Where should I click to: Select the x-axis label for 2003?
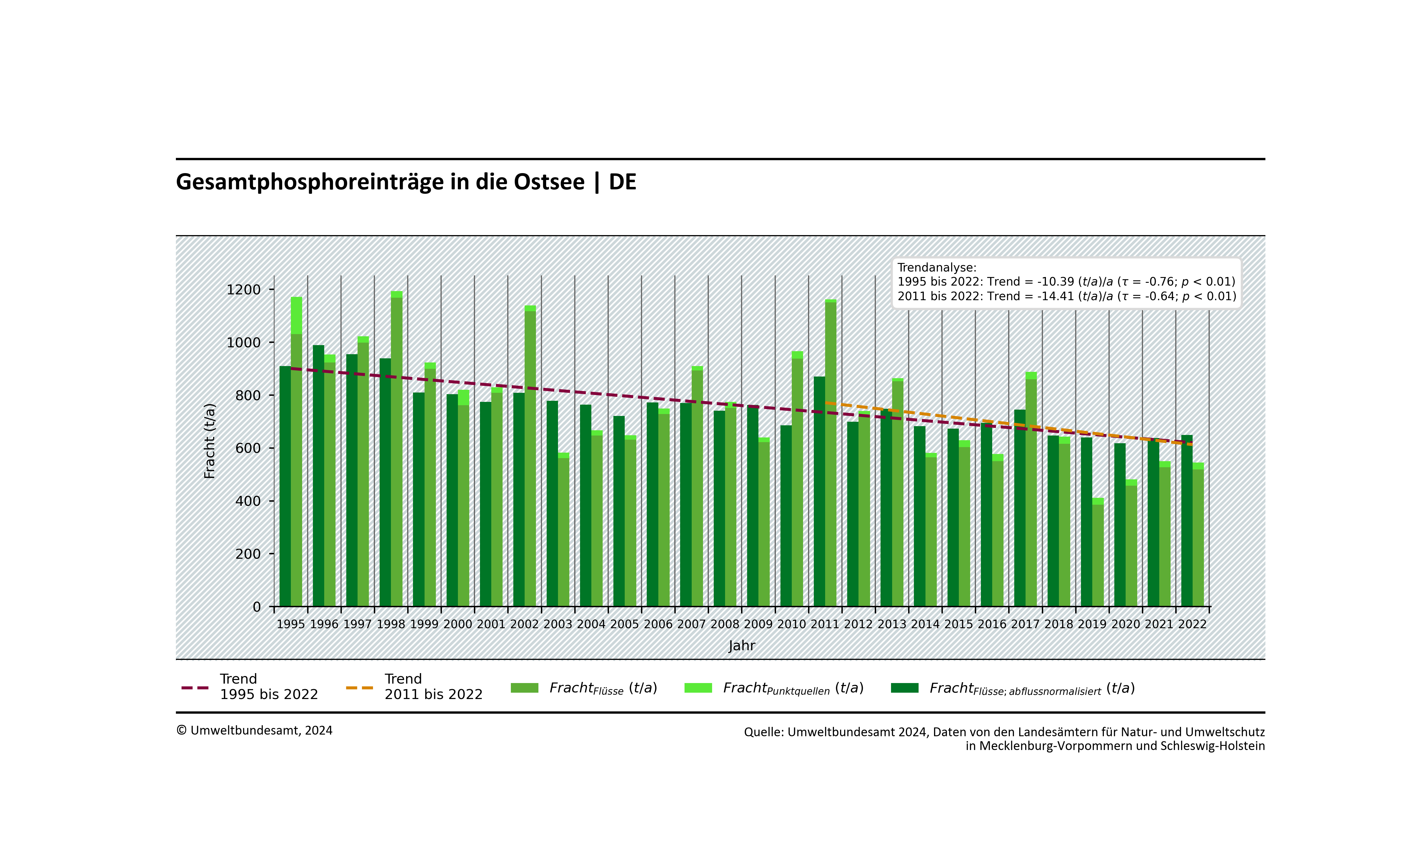pyautogui.click(x=557, y=624)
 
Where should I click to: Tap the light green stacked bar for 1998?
pyautogui.click(x=397, y=451)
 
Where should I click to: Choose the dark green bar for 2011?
pyautogui.click(x=819, y=491)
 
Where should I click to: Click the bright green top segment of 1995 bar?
pyautogui.click(x=296, y=315)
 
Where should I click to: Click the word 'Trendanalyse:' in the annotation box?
pyautogui.click(x=937, y=268)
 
